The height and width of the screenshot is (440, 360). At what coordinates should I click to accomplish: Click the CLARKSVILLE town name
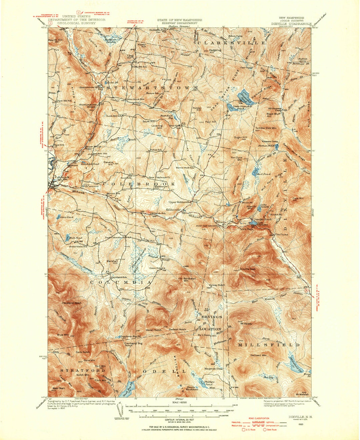[x=232, y=43]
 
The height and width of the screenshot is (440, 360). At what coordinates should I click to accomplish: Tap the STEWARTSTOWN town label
[x=152, y=87]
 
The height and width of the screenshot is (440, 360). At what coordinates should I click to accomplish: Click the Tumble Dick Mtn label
[x=266, y=128]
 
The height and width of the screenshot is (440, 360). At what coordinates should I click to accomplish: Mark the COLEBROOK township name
[x=139, y=184]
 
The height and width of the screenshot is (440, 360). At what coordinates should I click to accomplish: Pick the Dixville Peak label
[x=247, y=268]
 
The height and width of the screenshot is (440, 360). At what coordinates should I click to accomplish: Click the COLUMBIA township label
[x=121, y=282]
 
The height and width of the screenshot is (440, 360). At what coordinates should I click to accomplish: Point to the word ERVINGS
[x=210, y=316]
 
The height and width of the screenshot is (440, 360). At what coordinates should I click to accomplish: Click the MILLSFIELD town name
[x=269, y=345]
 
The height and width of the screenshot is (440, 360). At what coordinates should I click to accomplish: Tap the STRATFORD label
[x=83, y=370]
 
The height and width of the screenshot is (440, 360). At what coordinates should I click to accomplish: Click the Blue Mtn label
[x=62, y=334]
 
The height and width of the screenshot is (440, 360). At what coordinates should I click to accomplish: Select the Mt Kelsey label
[x=246, y=323]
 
